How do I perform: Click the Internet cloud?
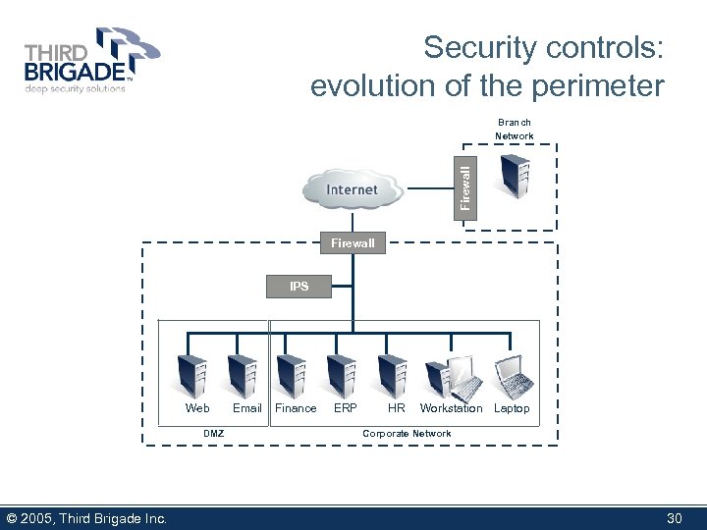pos(353,189)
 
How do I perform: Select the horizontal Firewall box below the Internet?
pos(353,242)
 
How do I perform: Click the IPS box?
pos(299,287)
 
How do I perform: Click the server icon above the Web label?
pos(192,375)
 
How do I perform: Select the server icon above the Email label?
pos(242,375)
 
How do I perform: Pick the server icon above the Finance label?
pos(291,375)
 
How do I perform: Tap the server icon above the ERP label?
pos(341,375)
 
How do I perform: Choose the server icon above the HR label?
pos(392,375)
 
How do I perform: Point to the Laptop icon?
pos(512,374)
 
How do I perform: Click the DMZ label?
pos(213,433)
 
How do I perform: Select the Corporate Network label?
pos(407,433)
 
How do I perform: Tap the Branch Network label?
pos(515,129)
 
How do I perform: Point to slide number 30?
pos(674,518)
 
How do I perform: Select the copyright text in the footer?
pos(86,518)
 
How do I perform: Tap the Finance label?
pos(296,408)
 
